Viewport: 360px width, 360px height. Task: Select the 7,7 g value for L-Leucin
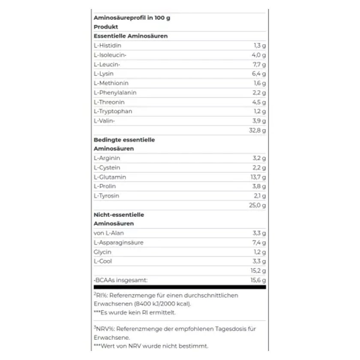coord(259,64)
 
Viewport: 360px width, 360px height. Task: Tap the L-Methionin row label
coord(111,83)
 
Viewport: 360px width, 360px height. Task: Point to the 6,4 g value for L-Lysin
coord(259,74)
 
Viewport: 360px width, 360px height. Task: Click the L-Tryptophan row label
coord(113,111)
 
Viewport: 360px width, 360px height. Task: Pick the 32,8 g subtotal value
coord(258,130)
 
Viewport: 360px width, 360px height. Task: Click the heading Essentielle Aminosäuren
coord(131,36)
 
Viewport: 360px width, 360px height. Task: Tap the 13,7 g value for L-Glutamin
coord(258,177)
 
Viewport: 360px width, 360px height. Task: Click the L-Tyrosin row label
coord(106,196)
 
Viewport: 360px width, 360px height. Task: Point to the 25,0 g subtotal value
coord(258,205)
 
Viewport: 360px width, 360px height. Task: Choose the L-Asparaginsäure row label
coord(118,243)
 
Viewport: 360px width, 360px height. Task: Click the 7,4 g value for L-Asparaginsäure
coord(259,243)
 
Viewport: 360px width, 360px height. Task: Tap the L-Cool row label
coord(103,261)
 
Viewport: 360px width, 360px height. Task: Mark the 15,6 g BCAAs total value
coord(258,280)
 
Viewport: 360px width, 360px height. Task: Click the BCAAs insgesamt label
coord(120,280)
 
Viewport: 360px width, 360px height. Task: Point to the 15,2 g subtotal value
coord(258,270)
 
